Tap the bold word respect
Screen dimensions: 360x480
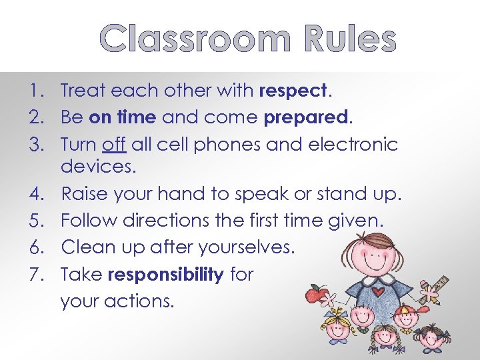point(294,90)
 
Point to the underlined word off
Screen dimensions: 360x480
point(115,144)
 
